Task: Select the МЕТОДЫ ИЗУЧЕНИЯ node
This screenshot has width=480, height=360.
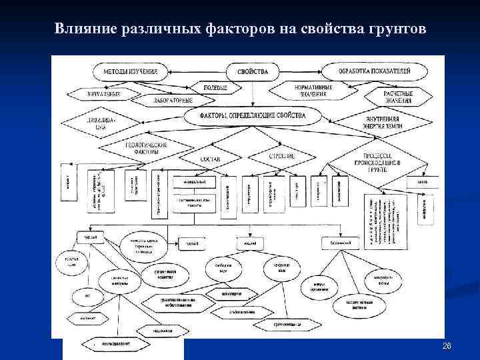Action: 129,71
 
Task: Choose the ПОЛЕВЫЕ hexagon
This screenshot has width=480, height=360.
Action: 215,87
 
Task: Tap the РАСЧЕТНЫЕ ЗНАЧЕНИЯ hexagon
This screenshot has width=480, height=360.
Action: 399,97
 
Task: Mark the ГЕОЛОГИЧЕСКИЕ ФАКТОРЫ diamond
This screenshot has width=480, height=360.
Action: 143,147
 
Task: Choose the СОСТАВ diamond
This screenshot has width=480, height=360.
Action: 210,159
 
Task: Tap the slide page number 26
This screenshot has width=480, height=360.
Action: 447,346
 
